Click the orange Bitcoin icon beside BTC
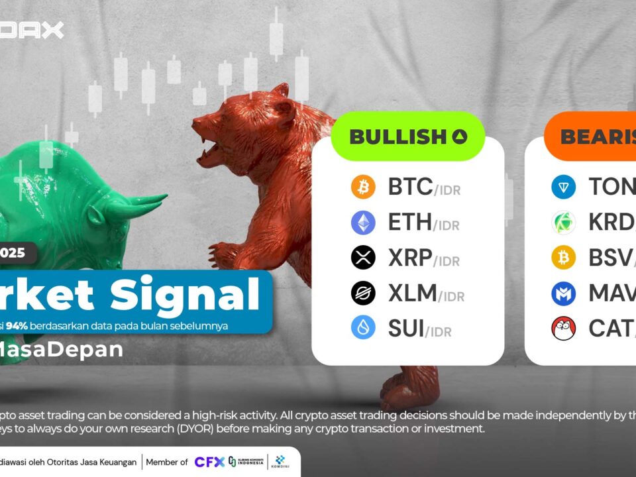(363, 187)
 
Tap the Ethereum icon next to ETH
(363, 223)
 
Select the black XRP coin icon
(363, 258)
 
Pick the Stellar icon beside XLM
(363, 293)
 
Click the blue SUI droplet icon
(363, 328)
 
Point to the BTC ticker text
(411, 187)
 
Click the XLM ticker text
(412, 293)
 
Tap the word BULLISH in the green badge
(397, 137)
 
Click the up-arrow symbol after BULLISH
(460, 137)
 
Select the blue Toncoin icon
(564, 187)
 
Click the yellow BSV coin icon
(564, 258)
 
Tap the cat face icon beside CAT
(564, 328)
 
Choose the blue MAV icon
(564, 293)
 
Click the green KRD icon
(564, 223)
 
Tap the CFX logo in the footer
(209, 462)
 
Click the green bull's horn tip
(164, 197)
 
